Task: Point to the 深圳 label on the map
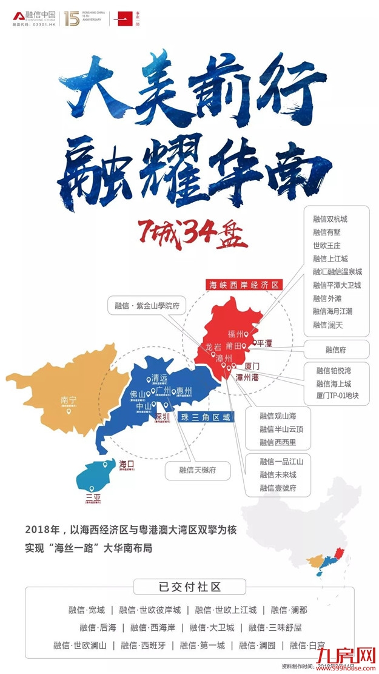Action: click(162, 417)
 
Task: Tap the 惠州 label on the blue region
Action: click(184, 391)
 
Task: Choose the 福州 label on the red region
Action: click(235, 334)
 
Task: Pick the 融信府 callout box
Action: click(335, 349)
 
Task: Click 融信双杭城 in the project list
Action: click(330, 218)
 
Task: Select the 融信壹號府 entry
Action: click(278, 488)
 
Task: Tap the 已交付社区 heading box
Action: click(189, 587)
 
